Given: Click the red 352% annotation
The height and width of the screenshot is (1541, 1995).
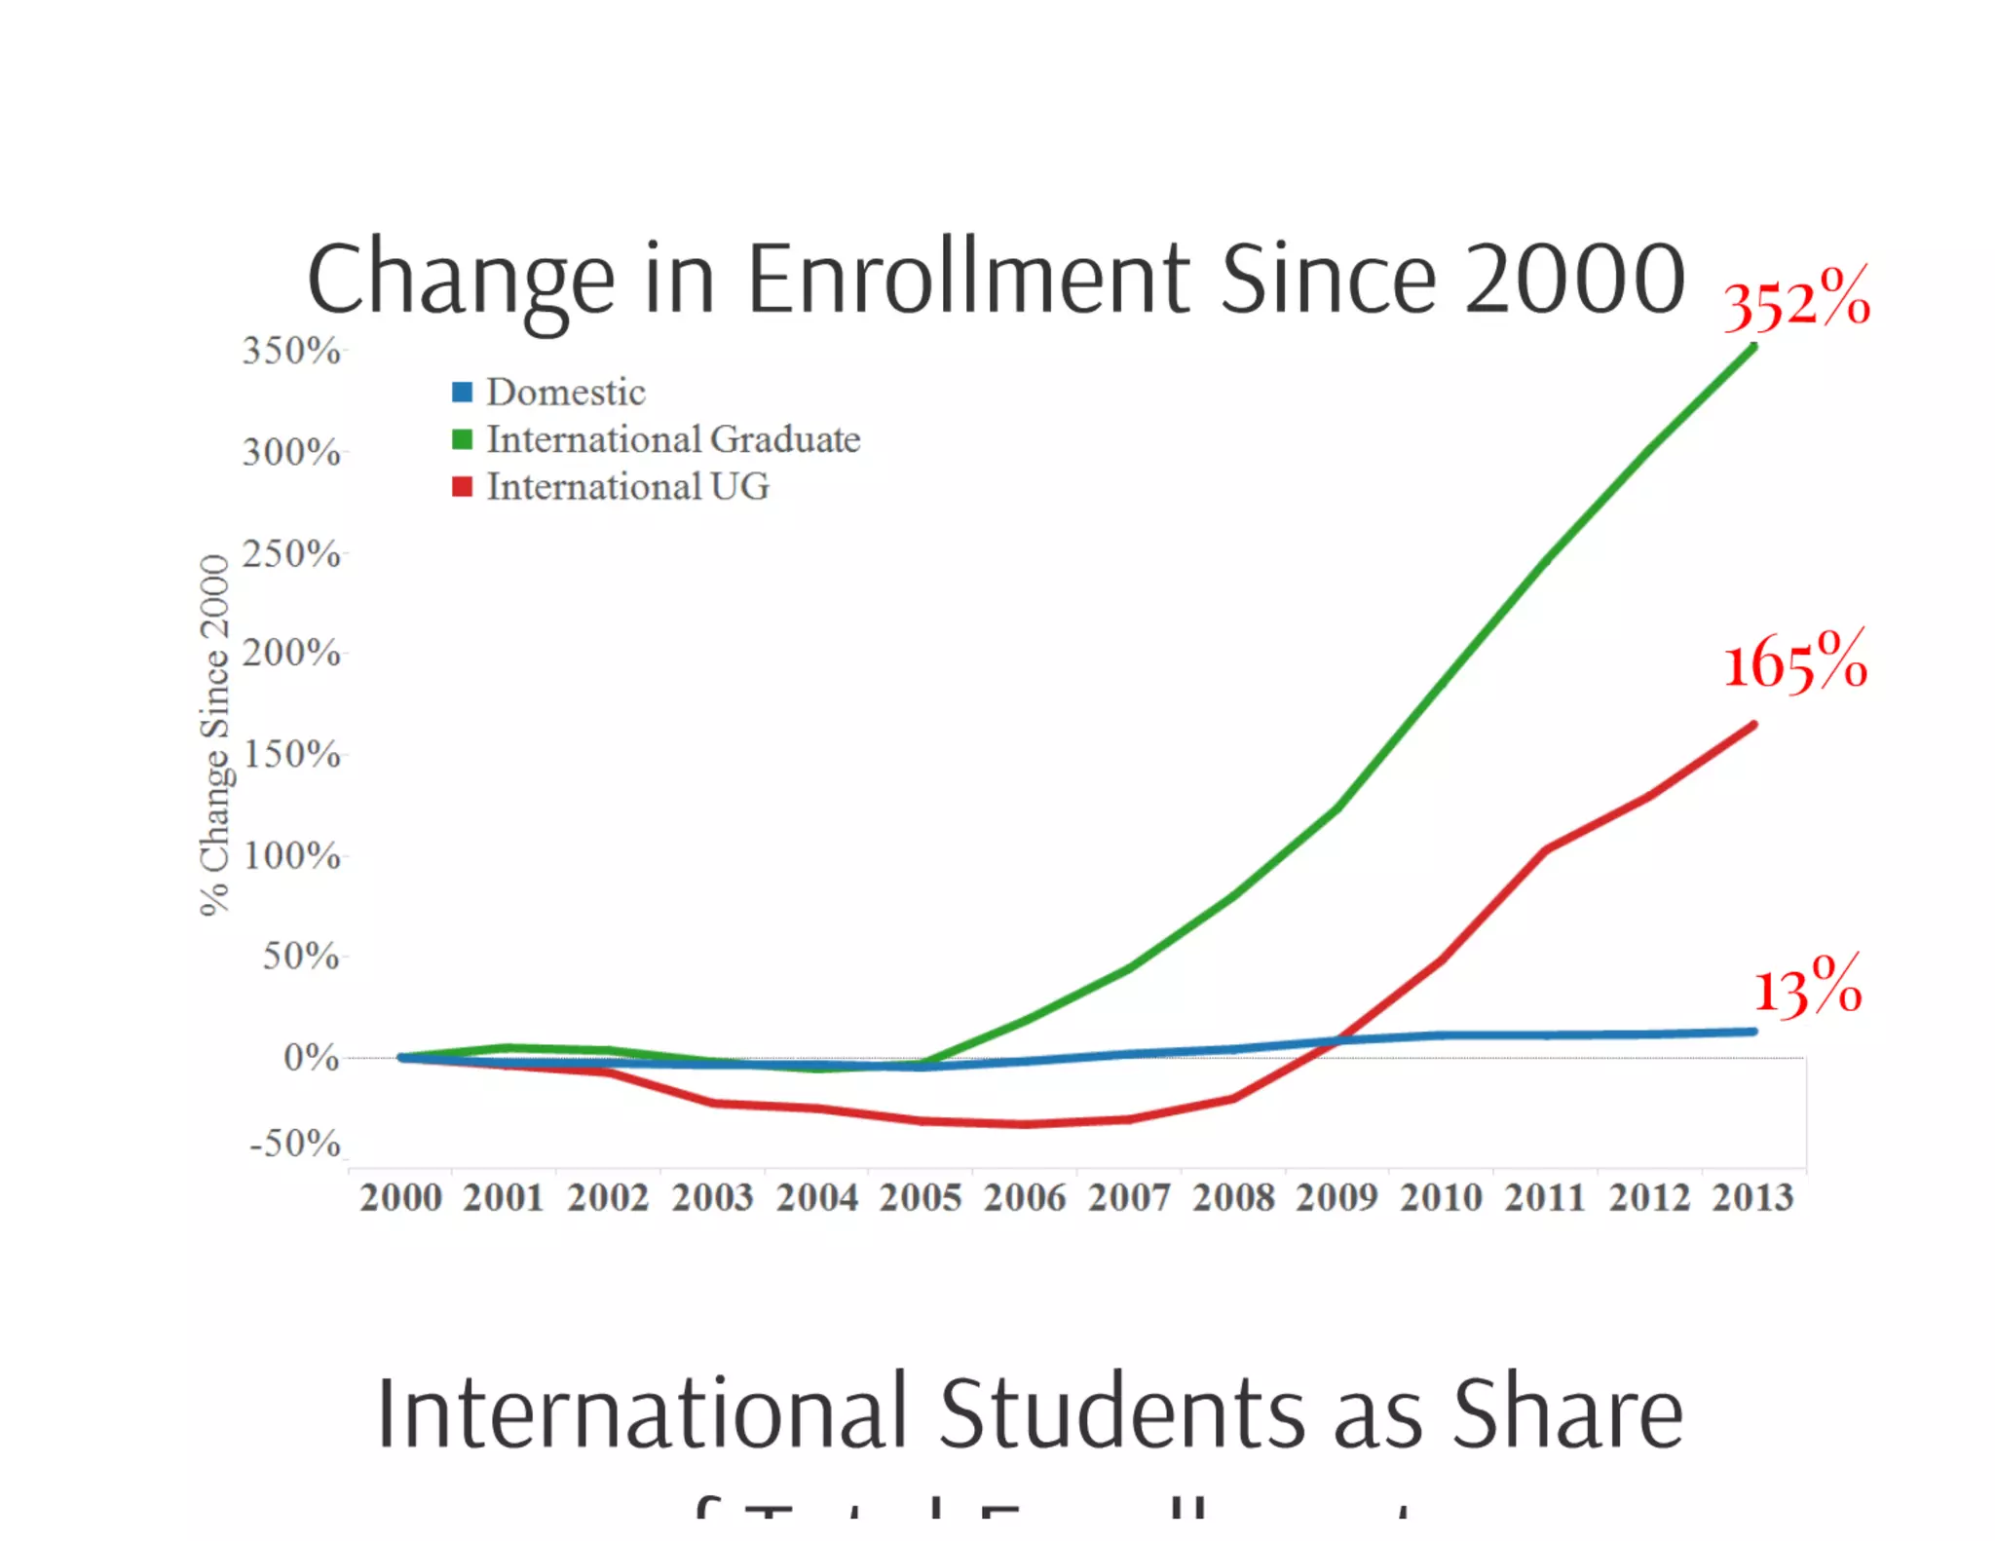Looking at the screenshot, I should pyautogui.click(x=1796, y=299).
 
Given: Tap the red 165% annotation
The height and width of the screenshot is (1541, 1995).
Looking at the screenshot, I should pyautogui.click(x=1795, y=661).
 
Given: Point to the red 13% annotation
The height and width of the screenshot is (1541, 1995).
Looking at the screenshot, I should pyautogui.click(x=1808, y=988).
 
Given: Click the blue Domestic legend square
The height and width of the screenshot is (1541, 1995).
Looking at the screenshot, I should pyautogui.click(x=462, y=393).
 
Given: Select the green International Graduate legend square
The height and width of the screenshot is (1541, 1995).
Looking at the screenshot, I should pyautogui.click(x=462, y=439).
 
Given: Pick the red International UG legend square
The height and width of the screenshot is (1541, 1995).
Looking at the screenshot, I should pyautogui.click(x=462, y=486).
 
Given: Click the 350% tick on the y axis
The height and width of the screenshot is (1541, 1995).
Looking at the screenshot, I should pyautogui.click(x=291, y=351).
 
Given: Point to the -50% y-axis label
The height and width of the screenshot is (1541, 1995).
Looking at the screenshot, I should pyautogui.click(x=294, y=1143).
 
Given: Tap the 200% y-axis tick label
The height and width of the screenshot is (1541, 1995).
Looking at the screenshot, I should pyautogui.click(x=291, y=653).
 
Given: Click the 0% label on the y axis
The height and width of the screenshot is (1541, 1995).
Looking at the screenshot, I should pyautogui.click(x=311, y=1057).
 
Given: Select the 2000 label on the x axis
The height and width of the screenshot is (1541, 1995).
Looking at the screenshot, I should pyautogui.click(x=400, y=1197).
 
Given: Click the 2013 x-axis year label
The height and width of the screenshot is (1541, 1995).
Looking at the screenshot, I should pyautogui.click(x=1752, y=1197).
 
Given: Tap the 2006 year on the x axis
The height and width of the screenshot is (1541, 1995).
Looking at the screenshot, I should pyautogui.click(x=1025, y=1197).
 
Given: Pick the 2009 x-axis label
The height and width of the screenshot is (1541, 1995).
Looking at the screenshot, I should pyautogui.click(x=1336, y=1197).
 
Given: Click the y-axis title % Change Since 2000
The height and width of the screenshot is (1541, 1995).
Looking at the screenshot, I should pyautogui.click(x=214, y=735).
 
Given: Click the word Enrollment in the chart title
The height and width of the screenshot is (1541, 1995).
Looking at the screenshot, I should pyautogui.click(x=968, y=280).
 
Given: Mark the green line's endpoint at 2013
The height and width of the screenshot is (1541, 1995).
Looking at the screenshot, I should pyautogui.click(x=1753, y=347).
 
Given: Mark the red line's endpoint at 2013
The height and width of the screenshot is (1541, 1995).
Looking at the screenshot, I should pyautogui.click(x=1753, y=725).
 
